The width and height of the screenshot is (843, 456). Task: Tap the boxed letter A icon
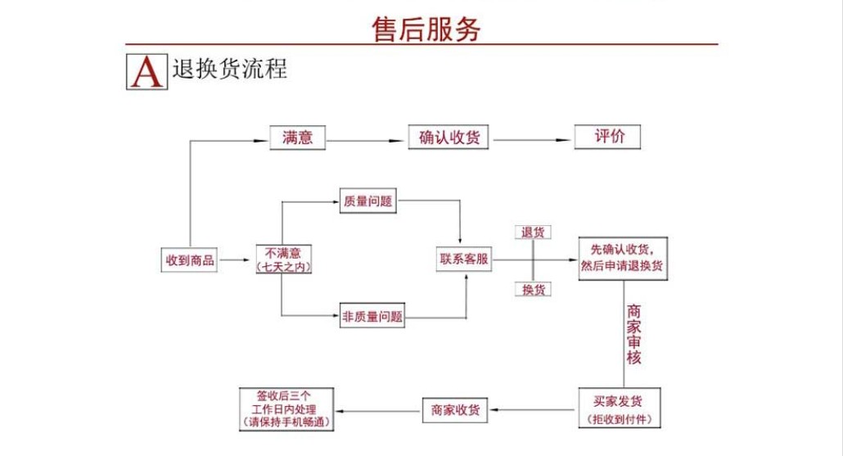pos(147,72)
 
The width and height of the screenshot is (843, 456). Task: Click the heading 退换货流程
pos(230,70)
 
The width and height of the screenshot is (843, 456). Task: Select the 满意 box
pos(298,138)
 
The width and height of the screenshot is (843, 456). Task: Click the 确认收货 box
pos(449,138)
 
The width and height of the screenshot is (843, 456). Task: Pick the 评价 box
pos(607,137)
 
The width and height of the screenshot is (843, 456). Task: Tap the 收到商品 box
pos(189,260)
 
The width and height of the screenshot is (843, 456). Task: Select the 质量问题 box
pos(368,201)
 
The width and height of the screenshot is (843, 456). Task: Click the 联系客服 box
pos(464,260)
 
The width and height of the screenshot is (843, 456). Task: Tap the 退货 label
pos(533,233)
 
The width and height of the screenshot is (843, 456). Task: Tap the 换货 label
pos(533,290)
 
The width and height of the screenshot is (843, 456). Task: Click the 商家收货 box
pos(456,409)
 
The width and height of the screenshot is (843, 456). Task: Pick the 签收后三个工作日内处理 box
pos(284,409)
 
